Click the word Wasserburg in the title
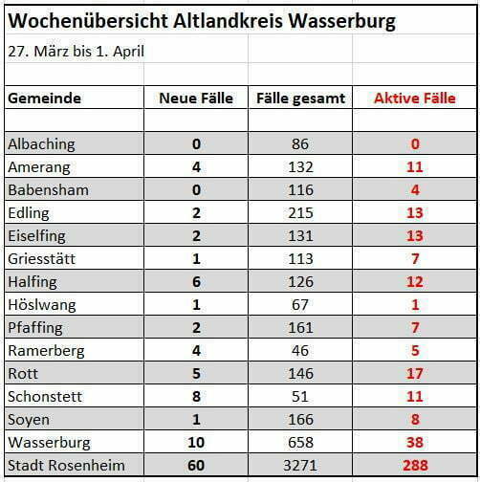coord(341,22)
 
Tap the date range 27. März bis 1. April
coord(76,52)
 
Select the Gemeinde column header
coord(44,98)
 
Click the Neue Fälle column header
coord(196,98)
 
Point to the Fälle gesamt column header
coord(300,99)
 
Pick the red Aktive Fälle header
coord(415,98)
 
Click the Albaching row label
coord(41,144)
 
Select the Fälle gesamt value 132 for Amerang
coord(300,167)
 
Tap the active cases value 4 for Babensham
coord(415,190)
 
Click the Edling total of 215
coord(300,213)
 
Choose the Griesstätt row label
coord(41,258)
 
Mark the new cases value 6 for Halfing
coord(196,282)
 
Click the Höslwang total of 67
coord(300,305)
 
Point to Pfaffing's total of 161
coord(300,328)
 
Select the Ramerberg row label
coord(46,351)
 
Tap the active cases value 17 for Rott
coord(415,374)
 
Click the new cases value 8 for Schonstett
coord(196,397)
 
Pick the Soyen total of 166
coord(300,420)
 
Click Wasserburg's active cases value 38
coord(415,443)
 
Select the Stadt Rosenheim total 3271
coord(300,466)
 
